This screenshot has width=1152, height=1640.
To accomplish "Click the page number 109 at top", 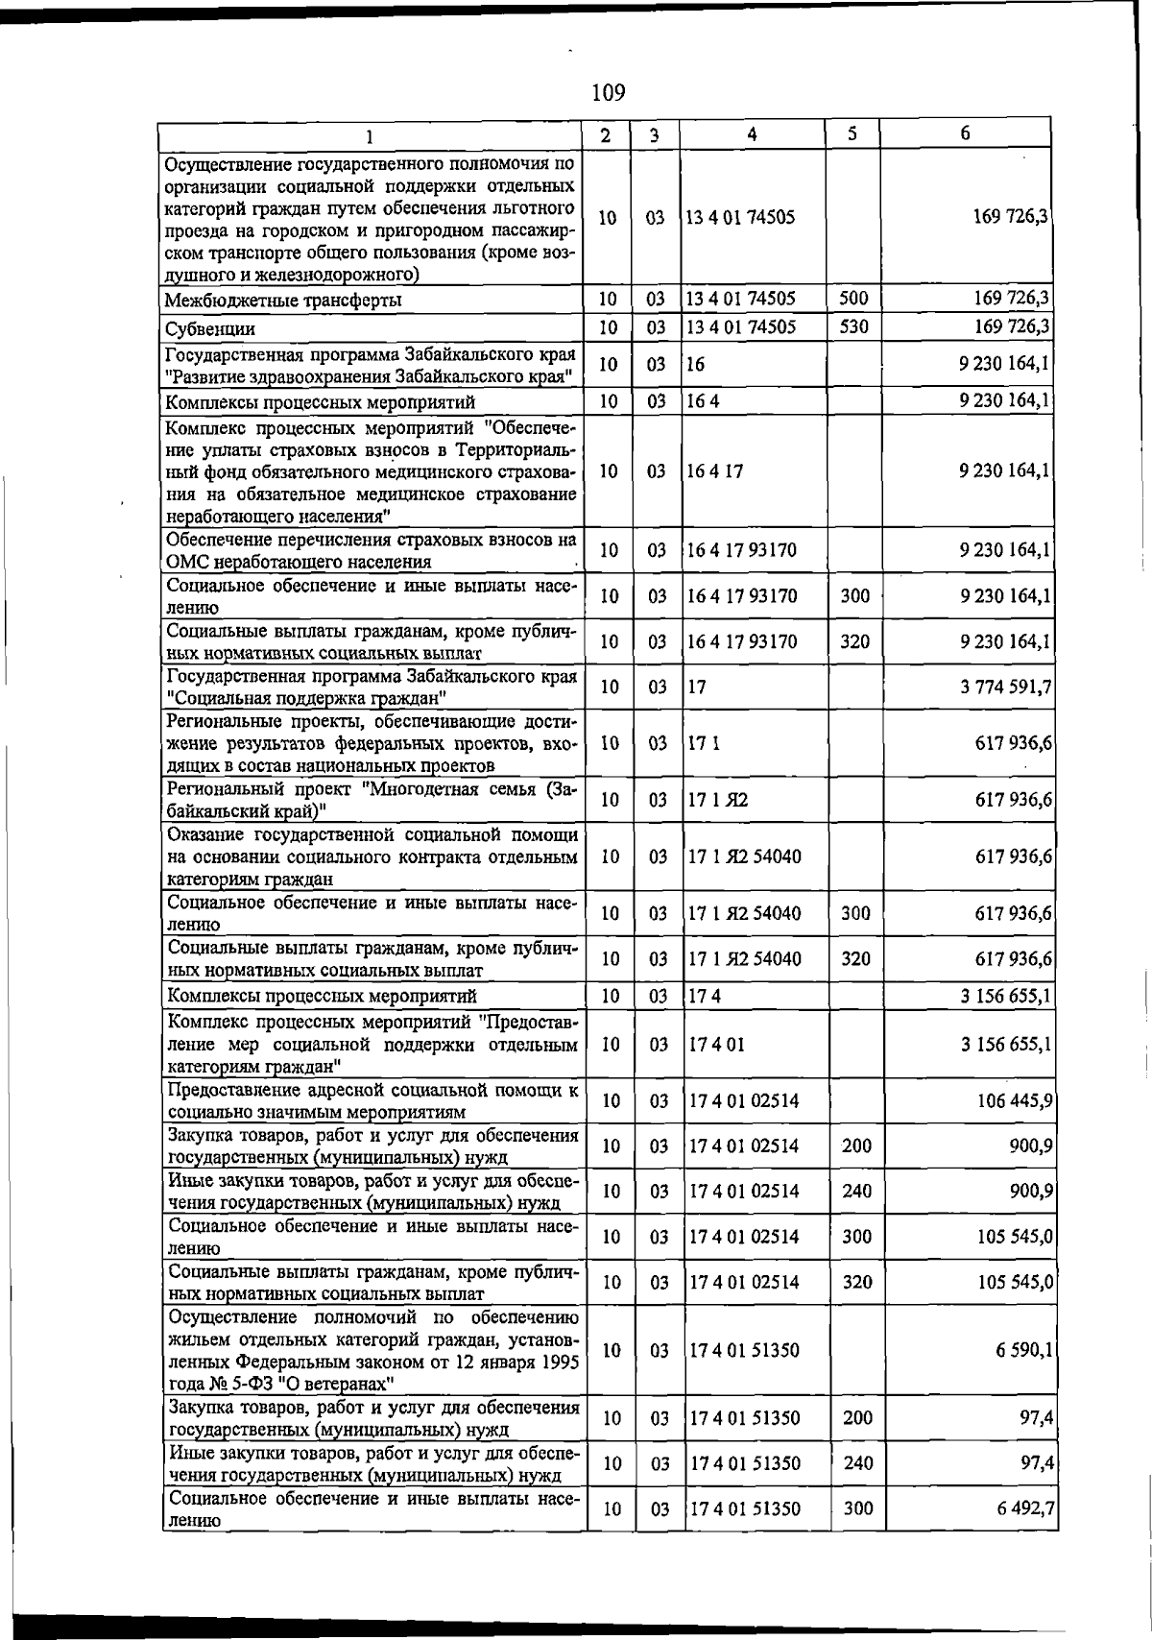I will coord(608,92).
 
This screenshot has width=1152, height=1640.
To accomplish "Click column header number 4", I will coord(752,134).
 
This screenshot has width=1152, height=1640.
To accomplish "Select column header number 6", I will coord(965,133).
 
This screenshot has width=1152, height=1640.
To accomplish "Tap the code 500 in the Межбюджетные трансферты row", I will coord(852,299).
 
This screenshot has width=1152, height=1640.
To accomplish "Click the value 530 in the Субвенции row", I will coord(852,326).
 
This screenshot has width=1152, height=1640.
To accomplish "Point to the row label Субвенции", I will coord(208,328).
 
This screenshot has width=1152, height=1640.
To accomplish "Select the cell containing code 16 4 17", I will coord(714,471).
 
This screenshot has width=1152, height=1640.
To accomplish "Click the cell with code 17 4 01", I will coord(716,1044).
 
